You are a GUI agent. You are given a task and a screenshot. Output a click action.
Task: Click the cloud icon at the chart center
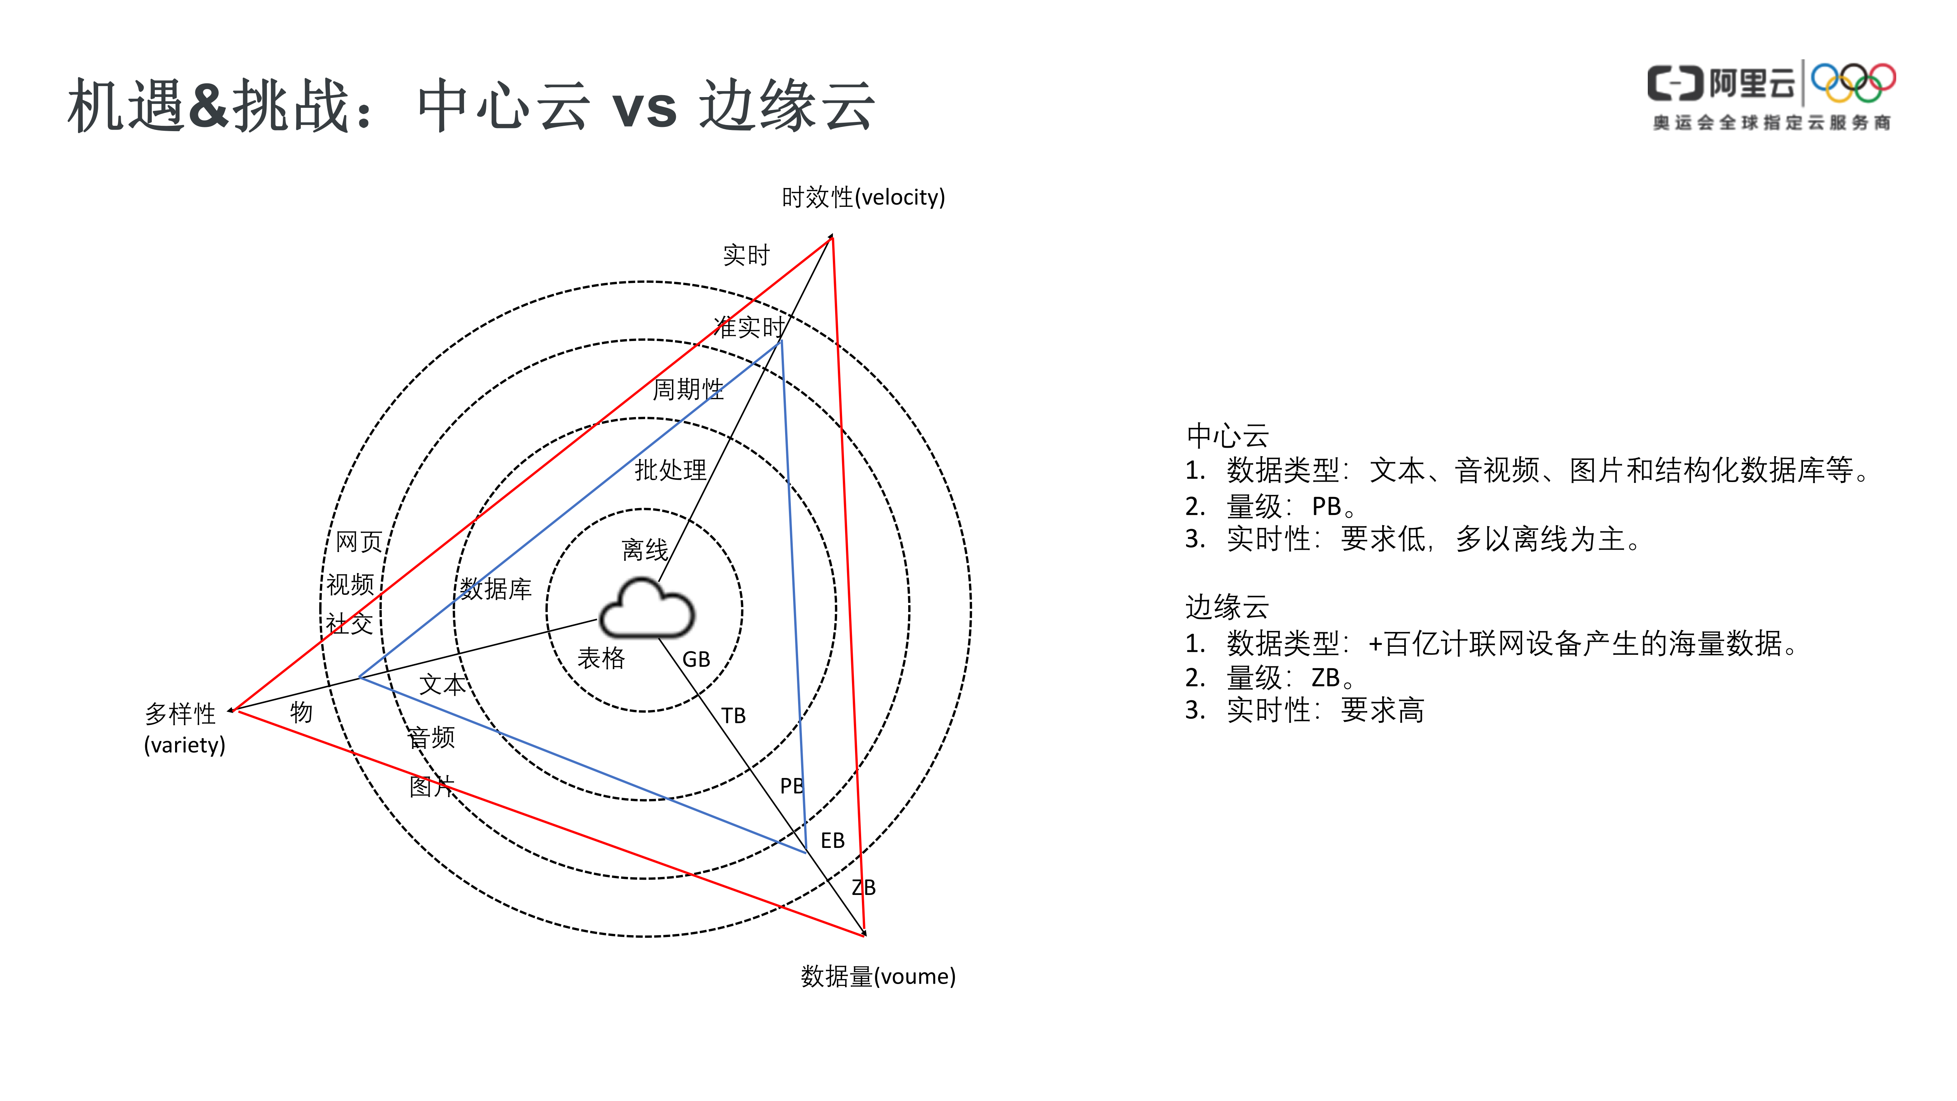pos(646,609)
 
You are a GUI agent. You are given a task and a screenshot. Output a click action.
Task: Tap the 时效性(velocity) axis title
pos(863,198)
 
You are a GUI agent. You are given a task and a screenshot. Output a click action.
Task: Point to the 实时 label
pos(746,255)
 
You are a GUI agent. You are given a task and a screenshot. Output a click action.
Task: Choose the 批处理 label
pos(670,470)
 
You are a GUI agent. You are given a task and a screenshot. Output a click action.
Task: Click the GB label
pos(696,659)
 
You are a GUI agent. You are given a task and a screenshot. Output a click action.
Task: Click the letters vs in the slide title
pos(644,108)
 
